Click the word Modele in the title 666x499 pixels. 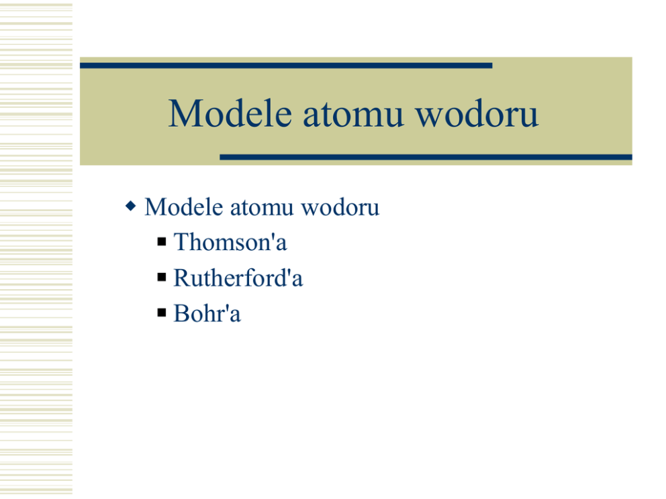pyautogui.click(x=230, y=113)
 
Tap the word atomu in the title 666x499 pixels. pyautogui.click(x=353, y=115)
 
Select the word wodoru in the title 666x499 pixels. pyautogui.click(x=477, y=113)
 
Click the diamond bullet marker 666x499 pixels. pyautogui.click(x=131, y=207)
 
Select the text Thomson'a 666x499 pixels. pyautogui.click(x=230, y=242)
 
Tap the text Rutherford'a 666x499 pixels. pyautogui.click(x=238, y=278)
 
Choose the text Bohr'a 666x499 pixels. pyautogui.click(x=207, y=314)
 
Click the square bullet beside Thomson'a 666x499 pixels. pyautogui.click(x=161, y=242)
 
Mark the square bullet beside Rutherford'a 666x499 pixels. pyautogui.click(x=161, y=278)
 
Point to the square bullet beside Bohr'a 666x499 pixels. pyautogui.click(x=161, y=313)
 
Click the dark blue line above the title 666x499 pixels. pyautogui.click(x=286, y=66)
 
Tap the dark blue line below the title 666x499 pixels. pyautogui.click(x=426, y=158)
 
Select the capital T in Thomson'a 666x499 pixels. pyautogui.click(x=181, y=242)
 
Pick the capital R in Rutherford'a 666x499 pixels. pyautogui.click(x=182, y=278)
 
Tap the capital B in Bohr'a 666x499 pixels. pyautogui.click(x=181, y=314)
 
